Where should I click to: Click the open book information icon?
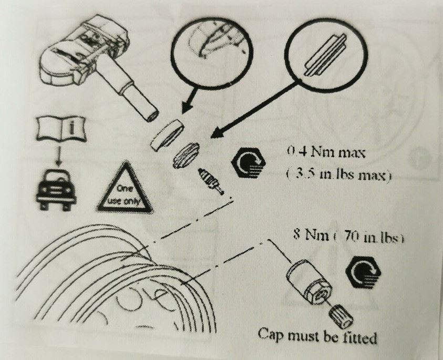(x=61, y=129)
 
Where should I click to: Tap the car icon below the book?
(x=57, y=189)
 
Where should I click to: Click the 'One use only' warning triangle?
(x=125, y=190)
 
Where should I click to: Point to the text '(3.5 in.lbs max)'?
(x=338, y=176)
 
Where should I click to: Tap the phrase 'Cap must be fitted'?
(x=317, y=336)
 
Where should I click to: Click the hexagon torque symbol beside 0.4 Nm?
(x=249, y=163)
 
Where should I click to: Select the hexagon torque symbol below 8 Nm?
(x=363, y=273)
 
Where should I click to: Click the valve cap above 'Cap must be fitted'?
(x=341, y=316)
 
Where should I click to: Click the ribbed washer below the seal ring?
(x=186, y=155)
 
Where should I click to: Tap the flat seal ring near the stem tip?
(x=167, y=135)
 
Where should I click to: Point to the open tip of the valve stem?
(x=152, y=115)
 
